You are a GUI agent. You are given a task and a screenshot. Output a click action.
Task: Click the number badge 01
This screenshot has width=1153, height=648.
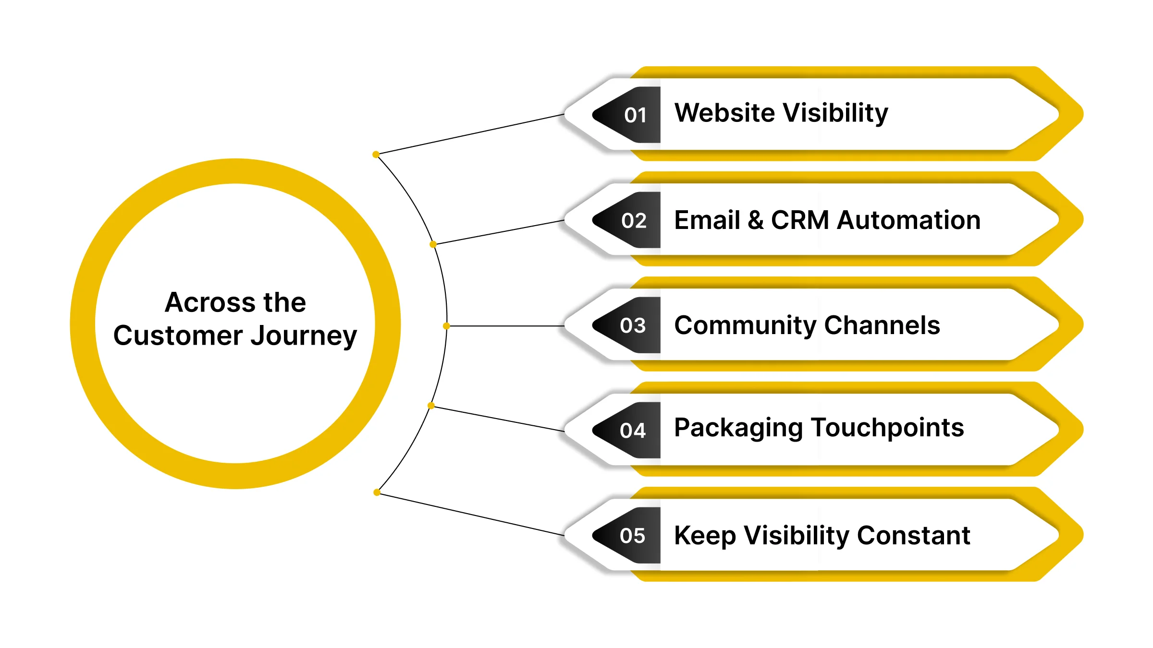tap(635, 115)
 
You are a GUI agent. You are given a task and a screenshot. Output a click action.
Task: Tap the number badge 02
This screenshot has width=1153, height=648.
tap(634, 221)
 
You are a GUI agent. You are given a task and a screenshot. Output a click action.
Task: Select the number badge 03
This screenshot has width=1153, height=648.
tap(633, 326)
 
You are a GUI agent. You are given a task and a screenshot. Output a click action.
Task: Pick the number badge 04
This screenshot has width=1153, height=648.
tap(633, 431)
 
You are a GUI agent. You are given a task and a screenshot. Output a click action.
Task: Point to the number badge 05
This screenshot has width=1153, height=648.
tap(633, 536)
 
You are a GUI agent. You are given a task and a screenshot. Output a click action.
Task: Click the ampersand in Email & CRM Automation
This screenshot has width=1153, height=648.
tap(755, 220)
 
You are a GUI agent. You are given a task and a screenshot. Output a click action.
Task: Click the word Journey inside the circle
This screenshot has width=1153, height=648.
tap(304, 336)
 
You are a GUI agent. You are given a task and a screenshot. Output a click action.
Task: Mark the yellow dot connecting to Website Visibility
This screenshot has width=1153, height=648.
tap(376, 155)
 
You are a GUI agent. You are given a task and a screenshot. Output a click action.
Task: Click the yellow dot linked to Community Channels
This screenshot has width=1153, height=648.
tap(446, 326)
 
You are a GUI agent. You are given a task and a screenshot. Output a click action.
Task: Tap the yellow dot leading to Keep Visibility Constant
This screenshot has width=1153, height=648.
tap(377, 492)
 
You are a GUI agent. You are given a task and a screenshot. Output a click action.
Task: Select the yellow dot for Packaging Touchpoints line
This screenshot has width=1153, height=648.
tap(431, 406)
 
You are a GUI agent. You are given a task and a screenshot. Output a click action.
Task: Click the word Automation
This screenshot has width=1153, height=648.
tap(908, 220)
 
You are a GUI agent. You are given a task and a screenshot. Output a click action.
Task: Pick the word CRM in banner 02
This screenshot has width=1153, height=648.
tap(800, 220)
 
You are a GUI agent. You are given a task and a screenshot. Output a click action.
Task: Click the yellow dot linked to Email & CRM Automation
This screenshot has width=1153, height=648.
tap(433, 244)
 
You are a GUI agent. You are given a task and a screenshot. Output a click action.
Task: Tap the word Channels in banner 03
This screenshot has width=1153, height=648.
tap(882, 325)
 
